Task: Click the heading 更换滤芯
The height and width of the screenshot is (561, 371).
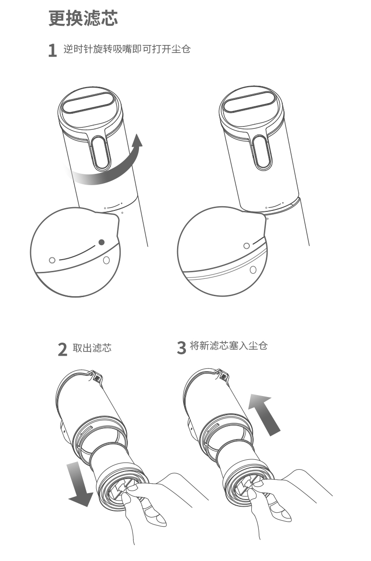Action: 83,18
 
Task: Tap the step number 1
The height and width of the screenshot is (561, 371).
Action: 52,50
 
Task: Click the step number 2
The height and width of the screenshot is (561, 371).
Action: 62,349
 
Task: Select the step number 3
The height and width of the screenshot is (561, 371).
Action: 181,347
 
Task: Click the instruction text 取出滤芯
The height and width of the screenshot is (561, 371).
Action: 92,348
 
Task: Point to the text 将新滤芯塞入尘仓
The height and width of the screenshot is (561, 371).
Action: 229,345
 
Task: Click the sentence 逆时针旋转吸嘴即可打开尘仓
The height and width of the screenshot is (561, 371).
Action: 127,49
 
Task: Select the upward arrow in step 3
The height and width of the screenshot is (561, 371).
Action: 264,413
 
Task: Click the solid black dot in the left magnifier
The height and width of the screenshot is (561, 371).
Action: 102,242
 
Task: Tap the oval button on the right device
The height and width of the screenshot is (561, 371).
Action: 262,152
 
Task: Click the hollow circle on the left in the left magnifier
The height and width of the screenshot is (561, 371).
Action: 52,260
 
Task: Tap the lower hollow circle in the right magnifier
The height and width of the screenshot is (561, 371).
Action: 253,269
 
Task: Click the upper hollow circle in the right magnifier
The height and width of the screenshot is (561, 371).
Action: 246,246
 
